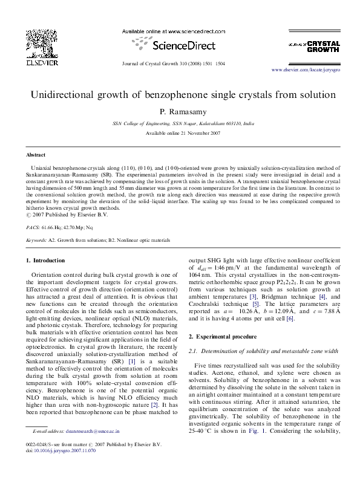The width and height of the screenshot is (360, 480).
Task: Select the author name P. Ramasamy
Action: tap(179, 112)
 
